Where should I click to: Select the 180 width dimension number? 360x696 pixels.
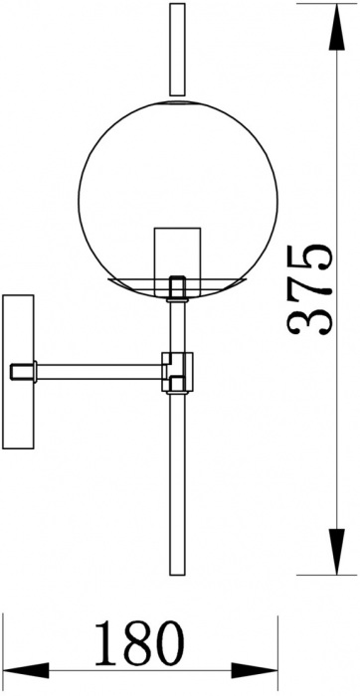[137, 645]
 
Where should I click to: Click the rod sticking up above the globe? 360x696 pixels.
[178, 50]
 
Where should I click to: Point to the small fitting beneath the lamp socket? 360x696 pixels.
[178, 287]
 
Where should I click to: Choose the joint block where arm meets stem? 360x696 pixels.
[179, 370]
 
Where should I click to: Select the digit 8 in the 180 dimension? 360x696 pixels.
[137, 645]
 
